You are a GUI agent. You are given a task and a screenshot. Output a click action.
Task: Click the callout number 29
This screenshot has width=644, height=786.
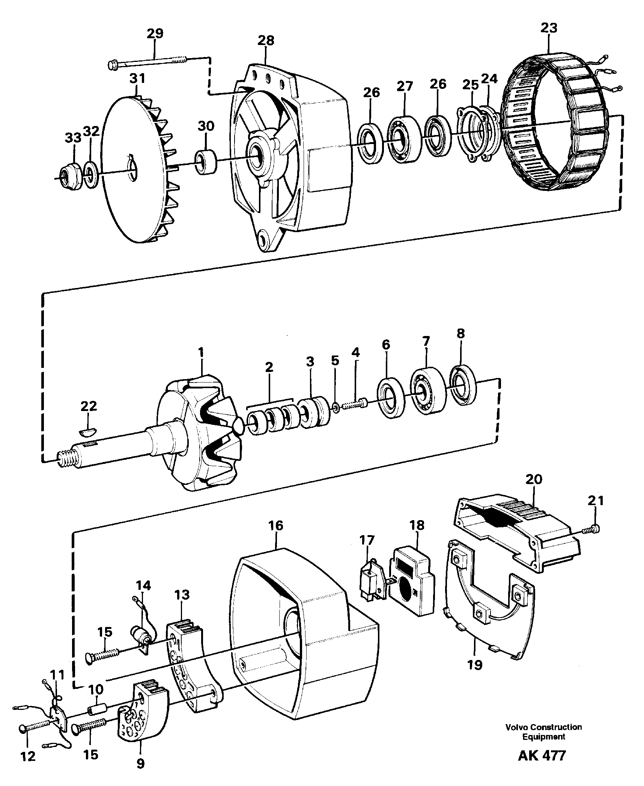(155, 34)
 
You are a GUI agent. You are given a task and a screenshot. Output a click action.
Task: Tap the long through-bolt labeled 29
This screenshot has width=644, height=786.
(150, 62)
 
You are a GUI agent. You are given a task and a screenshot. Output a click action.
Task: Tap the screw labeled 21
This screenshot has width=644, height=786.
(591, 529)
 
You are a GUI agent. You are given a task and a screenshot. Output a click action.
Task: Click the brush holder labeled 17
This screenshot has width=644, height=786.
(371, 581)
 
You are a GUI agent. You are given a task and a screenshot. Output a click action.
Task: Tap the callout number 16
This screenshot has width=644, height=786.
(275, 525)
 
